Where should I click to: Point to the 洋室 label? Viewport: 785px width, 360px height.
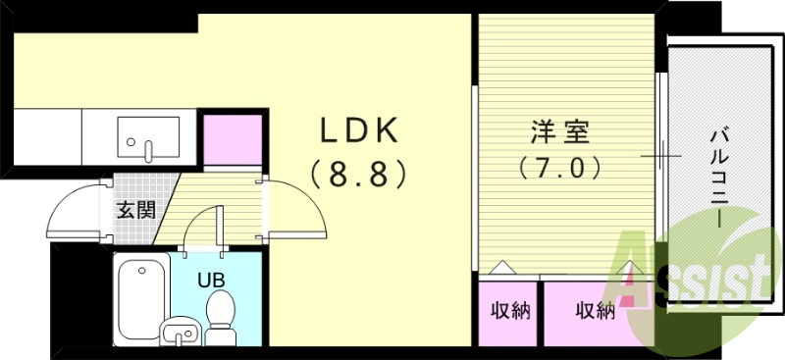pos(557,130)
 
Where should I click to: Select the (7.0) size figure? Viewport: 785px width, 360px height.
pos(557,168)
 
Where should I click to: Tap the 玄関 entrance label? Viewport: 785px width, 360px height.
pos(135,210)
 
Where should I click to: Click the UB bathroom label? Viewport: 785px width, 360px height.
pos(211,279)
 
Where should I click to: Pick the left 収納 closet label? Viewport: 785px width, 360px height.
pos(510,311)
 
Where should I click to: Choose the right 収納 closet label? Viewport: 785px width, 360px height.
pos(595,311)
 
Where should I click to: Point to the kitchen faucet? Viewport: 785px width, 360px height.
pos(148,150)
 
